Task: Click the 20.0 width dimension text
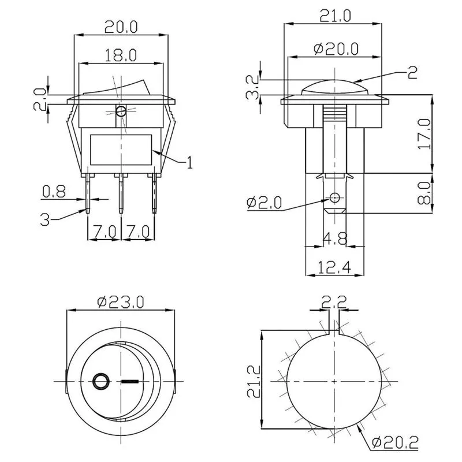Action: tap(121, 27)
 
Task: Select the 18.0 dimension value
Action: tap(120, 55)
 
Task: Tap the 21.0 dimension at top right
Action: tap(334, 16)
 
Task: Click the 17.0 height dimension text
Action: tap(424, 134)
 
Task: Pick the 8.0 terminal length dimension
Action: tap(424, 193)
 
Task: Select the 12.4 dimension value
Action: tap(333, 268)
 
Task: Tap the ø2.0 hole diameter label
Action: tap(263, 202)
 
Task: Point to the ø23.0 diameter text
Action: tap(121, 302)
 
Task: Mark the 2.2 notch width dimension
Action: tap(334, 301)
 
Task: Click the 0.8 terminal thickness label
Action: tap(53, 191)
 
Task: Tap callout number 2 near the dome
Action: tap(412, 72)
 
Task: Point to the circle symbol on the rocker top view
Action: tap(100, 381)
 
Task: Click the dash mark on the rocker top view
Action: tap(131, 381)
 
